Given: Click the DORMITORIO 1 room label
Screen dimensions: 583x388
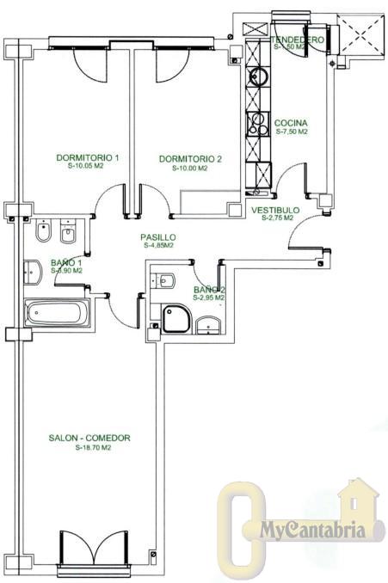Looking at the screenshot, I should [x=86, y=158].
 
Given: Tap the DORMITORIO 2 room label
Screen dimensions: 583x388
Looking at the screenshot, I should [x=191, y=159].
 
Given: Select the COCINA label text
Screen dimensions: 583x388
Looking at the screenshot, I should [x=291, y=123].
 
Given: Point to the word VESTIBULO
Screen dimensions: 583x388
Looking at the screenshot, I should [x=275, y=210].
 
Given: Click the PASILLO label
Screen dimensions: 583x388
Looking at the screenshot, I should [x=159, y=236].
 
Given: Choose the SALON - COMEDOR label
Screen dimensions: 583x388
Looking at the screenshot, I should [x=89, y=439].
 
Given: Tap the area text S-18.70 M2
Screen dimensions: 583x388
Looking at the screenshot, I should [x=89, y=448].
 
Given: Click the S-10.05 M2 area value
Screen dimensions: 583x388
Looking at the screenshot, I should [x=86, y=168].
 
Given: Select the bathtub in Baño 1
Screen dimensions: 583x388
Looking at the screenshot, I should [x=56, y=313].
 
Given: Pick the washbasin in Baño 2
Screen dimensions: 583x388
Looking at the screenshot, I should [x=207, y=325].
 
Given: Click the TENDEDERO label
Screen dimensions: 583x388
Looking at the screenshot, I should [x=296, y=40].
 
